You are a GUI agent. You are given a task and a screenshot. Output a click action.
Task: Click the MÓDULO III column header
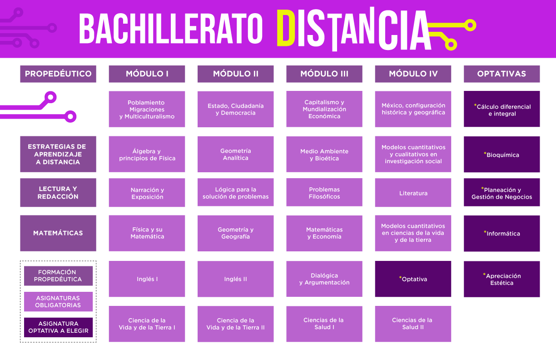(324, 74)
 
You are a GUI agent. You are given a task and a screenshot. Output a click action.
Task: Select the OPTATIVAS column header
(501, 74)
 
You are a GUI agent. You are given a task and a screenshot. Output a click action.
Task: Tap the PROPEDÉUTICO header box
(58, 74)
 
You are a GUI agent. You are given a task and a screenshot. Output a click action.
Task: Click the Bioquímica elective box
(501, 154)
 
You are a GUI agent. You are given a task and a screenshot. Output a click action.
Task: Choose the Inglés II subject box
(236, 279)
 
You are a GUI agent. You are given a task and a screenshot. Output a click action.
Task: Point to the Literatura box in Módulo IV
(413, 193)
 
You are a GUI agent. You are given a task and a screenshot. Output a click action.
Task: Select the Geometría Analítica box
(236, 154)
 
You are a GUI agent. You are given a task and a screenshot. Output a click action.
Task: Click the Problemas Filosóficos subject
(324, 192)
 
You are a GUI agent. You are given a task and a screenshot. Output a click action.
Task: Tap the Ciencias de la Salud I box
(324, 324)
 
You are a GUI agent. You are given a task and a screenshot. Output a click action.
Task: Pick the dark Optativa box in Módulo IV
(413, 279)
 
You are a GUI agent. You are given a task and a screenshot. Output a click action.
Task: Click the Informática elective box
(501, 233)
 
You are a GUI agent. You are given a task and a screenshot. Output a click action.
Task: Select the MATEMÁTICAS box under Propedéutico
(58, 233)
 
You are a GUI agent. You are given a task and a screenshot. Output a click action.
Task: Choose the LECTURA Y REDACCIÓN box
(58, 193)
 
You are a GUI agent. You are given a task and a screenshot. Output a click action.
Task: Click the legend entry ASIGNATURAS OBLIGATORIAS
(58, 301)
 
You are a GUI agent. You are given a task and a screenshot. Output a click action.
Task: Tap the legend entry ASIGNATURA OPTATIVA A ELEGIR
(58, 327)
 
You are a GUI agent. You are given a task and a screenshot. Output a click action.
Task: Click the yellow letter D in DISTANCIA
(286, 28)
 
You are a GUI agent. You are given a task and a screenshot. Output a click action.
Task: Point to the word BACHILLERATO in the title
(171, 28)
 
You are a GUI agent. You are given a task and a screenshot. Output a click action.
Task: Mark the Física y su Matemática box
(147, 233)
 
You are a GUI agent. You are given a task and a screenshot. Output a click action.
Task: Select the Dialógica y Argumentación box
(324, 279)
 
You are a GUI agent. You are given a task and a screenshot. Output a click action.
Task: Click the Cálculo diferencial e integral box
(501, 109)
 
